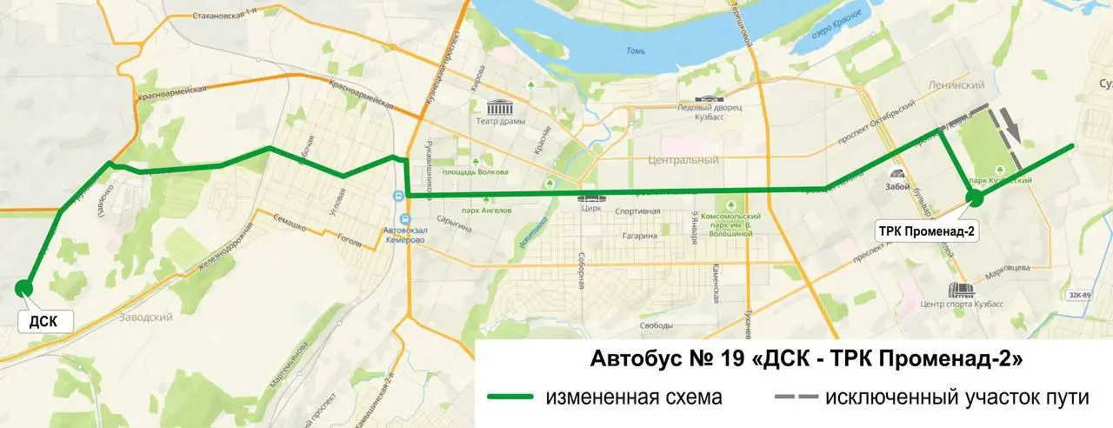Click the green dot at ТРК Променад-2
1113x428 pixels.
[x=976, y=197]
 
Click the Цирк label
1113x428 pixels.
[x=589, y=209]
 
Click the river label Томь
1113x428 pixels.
[x=635, y=50]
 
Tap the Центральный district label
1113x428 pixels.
[x=683, y=160]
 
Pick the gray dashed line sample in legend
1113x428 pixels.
[x=795, y=398]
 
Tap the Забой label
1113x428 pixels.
[x=896, y=185]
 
